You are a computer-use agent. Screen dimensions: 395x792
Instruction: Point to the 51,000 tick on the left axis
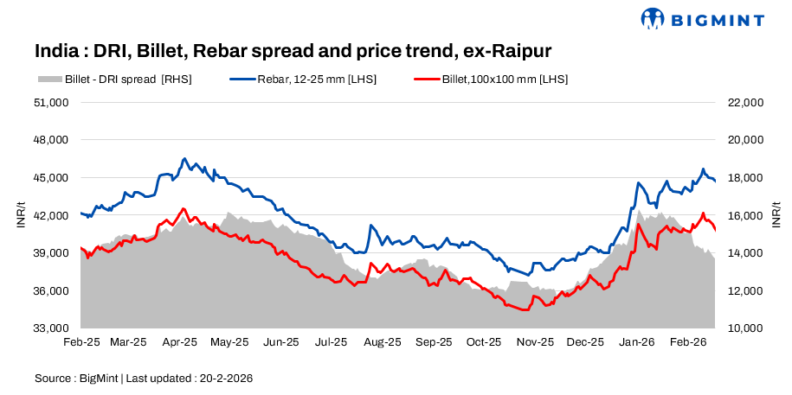tap(51, 102)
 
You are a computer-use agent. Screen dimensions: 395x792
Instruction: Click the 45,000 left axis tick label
tap(51, 178)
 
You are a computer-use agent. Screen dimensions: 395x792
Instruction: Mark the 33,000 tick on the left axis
tap(51, 328)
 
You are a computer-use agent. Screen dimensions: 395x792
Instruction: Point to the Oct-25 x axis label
tap(485, 342)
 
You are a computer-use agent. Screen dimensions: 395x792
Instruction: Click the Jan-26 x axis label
tap(637, 342)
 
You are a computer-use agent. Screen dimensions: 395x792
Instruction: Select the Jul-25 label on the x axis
tap(332, 342)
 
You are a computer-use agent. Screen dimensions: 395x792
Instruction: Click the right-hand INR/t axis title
tap(776, 215)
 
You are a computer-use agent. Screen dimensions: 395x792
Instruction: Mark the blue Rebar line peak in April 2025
tap(184, 159)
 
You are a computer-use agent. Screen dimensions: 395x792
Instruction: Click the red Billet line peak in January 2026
tap(639, 225)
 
